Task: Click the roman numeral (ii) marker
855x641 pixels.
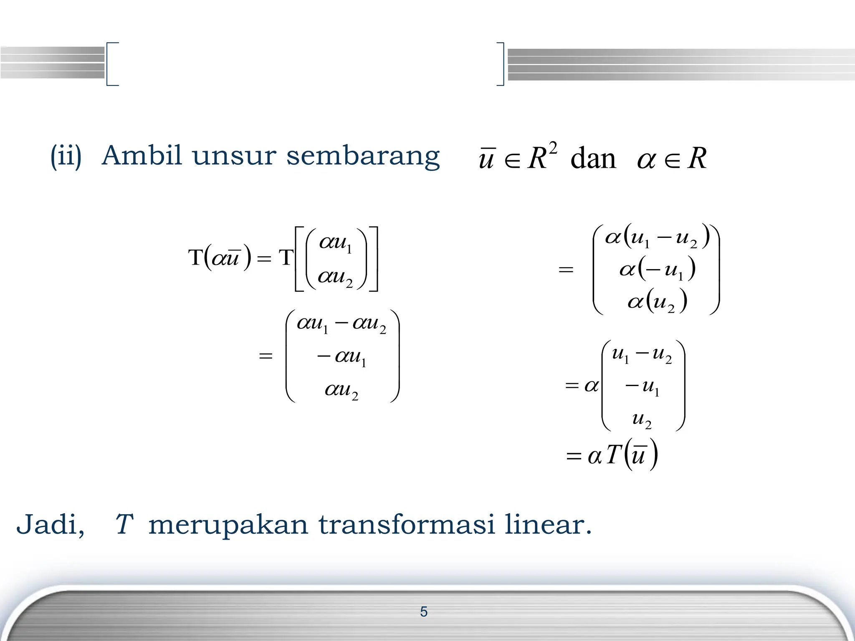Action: pos(66,156)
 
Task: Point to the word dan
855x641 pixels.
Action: pos(593,159)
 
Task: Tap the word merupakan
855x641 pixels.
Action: pos(229,525)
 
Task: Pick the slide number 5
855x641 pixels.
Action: pos(424,612)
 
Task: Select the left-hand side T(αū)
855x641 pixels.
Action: pos(220,257)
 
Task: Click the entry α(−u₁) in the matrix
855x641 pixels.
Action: pos(657,270)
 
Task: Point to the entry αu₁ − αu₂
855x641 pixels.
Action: pos(341,324)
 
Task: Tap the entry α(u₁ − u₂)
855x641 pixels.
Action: pos(657,237)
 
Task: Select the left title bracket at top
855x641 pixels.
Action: pos(112,64)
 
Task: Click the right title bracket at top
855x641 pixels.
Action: pos(501,64)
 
